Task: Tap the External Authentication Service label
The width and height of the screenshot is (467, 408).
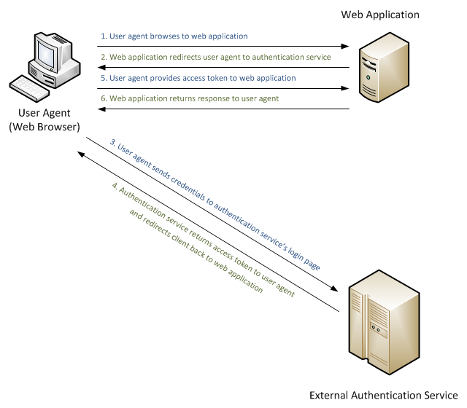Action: pos(384,396)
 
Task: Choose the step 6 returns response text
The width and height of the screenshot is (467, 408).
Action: pos(194,98)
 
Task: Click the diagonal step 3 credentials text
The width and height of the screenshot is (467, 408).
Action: pos(217,200)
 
